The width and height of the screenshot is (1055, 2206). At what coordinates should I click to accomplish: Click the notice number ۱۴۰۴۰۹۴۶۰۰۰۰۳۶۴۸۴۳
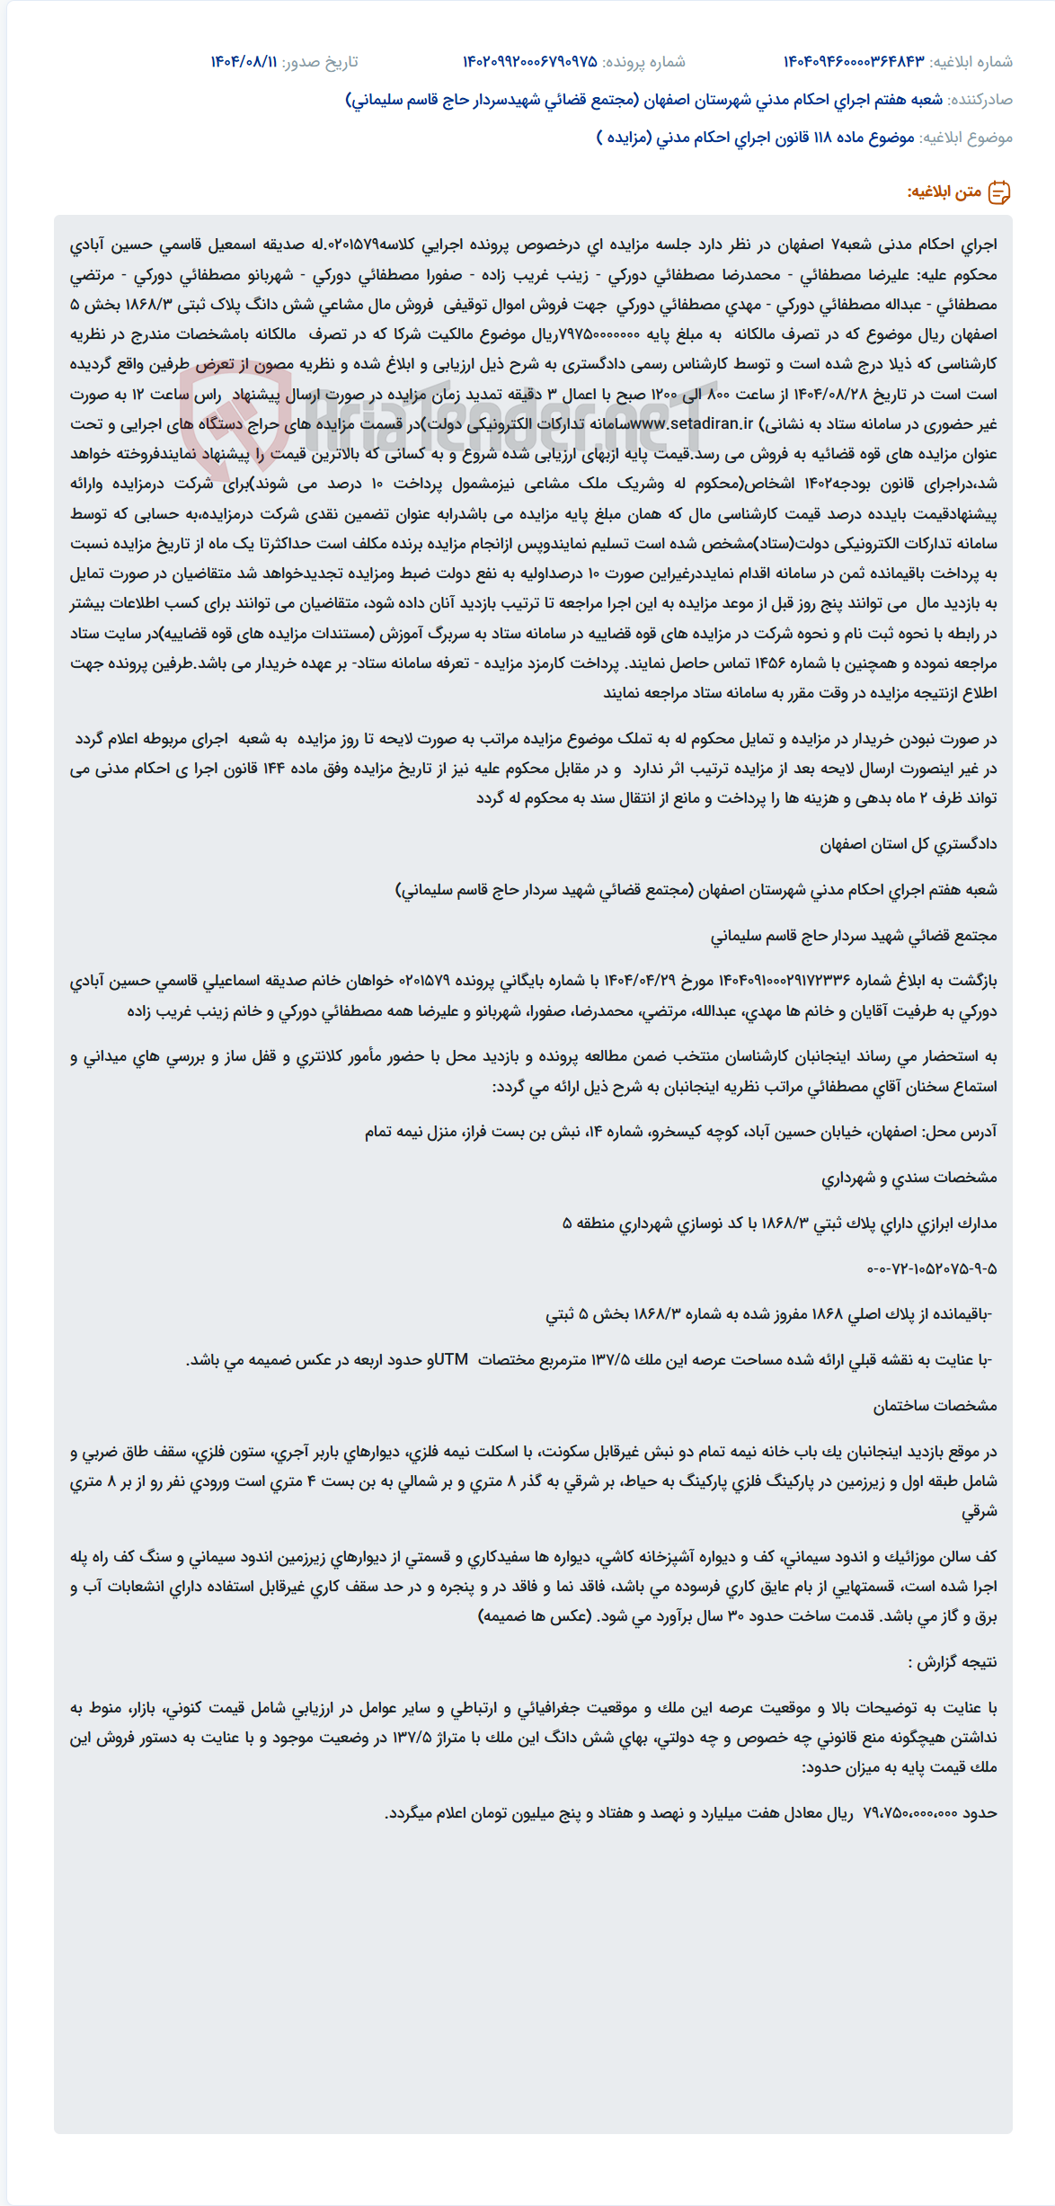point(853,62)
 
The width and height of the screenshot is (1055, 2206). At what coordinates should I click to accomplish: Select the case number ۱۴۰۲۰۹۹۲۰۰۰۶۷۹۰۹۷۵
point(529,62)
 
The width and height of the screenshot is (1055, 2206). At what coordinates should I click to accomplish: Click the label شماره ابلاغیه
point(971,62)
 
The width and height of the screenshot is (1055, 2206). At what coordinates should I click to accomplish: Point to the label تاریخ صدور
point(320,62)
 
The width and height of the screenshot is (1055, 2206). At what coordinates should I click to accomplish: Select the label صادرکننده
point(980,100)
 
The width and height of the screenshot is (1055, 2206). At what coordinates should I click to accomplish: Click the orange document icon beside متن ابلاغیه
point(999,192)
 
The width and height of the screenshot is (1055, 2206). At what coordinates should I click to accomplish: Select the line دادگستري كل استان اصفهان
point(908,844)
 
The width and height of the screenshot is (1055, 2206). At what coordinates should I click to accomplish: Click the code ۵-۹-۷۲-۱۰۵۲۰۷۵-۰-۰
point(932,1268)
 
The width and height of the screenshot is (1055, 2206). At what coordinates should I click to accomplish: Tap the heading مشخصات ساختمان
point(935,1405)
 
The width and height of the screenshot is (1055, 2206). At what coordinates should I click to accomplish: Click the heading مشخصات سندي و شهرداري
point(909,1177)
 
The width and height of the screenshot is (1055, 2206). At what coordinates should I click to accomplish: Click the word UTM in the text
point(452,1359)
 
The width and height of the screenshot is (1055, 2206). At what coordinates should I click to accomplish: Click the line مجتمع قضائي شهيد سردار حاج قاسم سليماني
point(854,936)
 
